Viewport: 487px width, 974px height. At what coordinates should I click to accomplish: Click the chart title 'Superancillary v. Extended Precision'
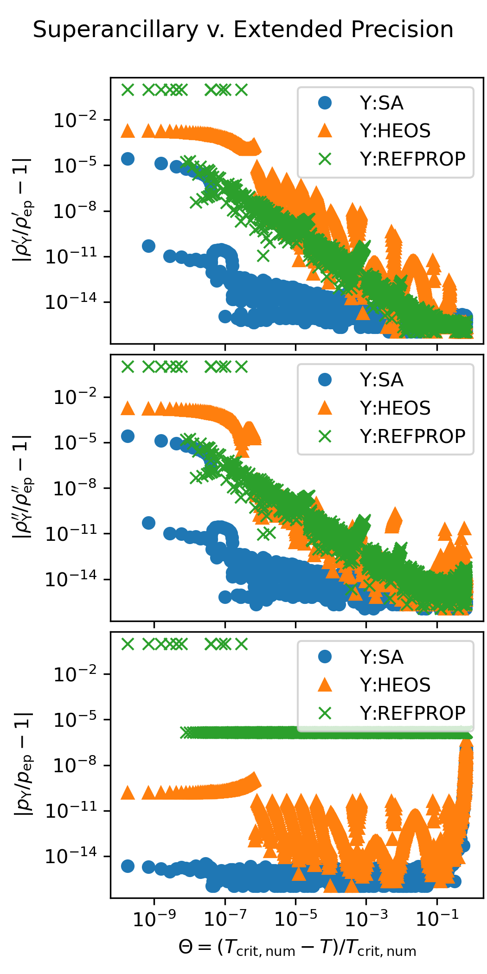pos(243,30)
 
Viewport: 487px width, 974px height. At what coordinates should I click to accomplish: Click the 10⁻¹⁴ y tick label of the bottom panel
pos(70,856)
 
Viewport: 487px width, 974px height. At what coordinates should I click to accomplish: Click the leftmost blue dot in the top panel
pos(128,159)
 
